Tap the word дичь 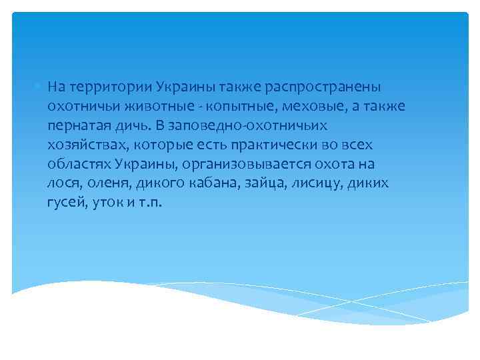(138, 125)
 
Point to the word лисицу (310, 182)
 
